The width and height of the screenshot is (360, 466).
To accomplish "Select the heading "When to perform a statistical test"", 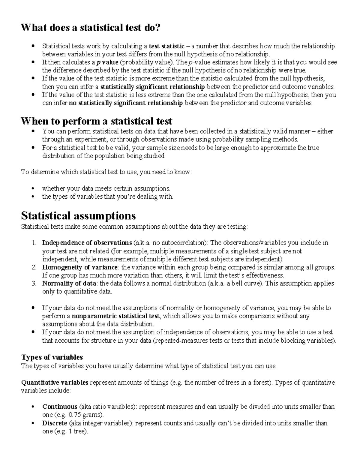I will [x=96, y=121].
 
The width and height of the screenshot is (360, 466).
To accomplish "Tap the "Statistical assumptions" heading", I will [x=78, y=215].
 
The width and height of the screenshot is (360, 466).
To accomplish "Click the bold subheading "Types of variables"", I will [x=52, y=357].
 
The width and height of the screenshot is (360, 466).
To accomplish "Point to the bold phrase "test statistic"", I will [x=166, y=46].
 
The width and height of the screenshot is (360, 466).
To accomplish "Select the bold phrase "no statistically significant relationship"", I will [x=125, y=103].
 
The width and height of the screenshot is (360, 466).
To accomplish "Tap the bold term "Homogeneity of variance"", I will [x=80, y=267].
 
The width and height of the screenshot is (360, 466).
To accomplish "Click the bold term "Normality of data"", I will [x=69, y=283].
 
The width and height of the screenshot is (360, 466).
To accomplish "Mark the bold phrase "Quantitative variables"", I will [x=55, y=382].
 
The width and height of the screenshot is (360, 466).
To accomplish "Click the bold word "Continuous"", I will [x=60, y=407].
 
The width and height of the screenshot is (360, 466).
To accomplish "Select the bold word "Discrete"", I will [x=55, y=423].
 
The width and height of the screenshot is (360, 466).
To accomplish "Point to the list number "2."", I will [x=34, y=267].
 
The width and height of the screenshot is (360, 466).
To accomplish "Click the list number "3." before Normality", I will [x=34, y=283].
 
